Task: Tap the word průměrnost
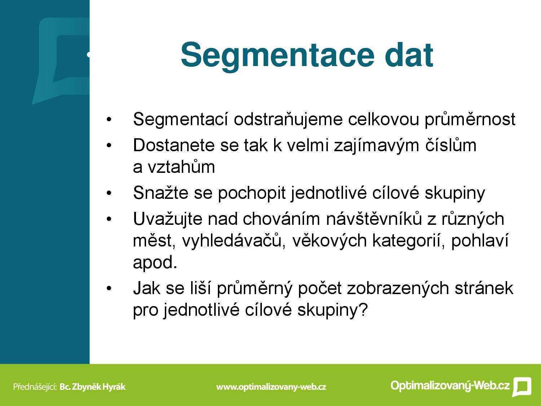pos(470,119)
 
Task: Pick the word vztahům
pos(181,167)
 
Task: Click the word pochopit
pos(252,193)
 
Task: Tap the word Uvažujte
pos(168,219)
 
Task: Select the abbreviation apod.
pos(155,263)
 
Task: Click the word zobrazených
pos(398,288)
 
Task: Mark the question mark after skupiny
pos(362,310)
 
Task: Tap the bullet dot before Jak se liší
pos(109,288)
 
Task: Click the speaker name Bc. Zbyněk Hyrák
pos(93,387)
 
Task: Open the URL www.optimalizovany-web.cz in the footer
pos(271,387)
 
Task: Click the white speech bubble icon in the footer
pos(522,387)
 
